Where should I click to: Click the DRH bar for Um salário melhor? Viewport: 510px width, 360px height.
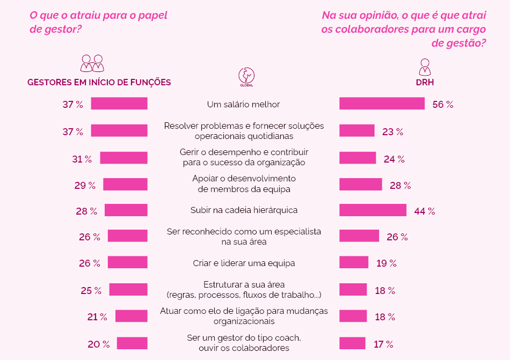[382, 104]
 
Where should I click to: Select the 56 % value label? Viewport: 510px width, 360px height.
[443, 105]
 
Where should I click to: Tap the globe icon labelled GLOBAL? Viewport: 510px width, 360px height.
[246, 75]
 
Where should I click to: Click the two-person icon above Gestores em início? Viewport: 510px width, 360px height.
[92, 63]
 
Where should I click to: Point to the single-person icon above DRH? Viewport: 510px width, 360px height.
[425, 67]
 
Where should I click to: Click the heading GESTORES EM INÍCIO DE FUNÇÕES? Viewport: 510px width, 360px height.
[99, 83]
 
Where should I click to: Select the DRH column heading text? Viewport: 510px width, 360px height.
[425, 83]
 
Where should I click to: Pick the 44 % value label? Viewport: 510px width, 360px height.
[424, 211]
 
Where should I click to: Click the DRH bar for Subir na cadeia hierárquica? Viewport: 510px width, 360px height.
[373, 210]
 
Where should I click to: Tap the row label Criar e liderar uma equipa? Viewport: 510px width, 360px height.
[244, 263]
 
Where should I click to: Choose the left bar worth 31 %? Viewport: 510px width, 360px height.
[123, 158]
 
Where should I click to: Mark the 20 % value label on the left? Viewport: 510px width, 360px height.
[99, 344]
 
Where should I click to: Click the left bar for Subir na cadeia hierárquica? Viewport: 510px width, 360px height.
[126, 210]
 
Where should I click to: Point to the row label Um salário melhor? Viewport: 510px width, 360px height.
[244, 105]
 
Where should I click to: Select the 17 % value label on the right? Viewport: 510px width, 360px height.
[383, 344]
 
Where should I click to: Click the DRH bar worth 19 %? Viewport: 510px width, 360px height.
[354, 262]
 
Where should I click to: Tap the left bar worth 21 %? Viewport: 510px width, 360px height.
[131, 316]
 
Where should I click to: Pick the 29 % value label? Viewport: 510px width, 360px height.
[85, 186]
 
